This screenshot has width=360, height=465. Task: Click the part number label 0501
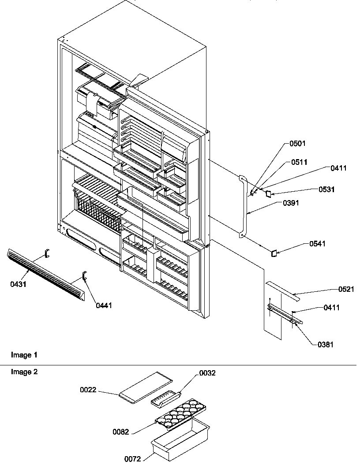pyautogui.click(x=297, y=144)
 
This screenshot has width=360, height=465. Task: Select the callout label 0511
pyautogui.click(x=299, y=162)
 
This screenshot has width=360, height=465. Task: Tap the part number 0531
pyautogui.click(x=326, y=189)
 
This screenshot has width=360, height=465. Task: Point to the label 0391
pyautogui.click(x=291, y=203)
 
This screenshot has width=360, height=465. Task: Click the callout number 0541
pyautogui.click(x=317, y=243)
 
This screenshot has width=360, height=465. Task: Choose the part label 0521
pyautogui.click(x=346, y=289)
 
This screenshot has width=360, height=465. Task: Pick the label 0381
pyautogui.click(x=325, y=344)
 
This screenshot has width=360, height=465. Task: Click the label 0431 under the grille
pyautogui.click(x=19, y=284)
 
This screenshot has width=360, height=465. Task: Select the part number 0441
pyautogui.click(x=104, y=305)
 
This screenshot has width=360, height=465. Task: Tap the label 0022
pyautogui.click(x=88, y=390)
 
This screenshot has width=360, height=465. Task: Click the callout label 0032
pyautogui.click(x=207, y=373)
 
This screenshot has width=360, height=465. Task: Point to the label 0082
pyautogui.click(x=121, y=432)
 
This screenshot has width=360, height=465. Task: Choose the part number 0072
pyautogui.click(x=132, y=459)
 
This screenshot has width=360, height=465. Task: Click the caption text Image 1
pyautogui.click(x=24, y=355)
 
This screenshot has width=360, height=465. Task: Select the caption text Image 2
pyautogui.click(x=24, y=372)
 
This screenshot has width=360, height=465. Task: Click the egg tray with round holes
pyautogui.click(x=181, y=416)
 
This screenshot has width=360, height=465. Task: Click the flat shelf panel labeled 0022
pyautogui.click(x=146, y=387)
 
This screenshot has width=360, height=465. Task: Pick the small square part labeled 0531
pyautogui.click(x=268, y=194)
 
